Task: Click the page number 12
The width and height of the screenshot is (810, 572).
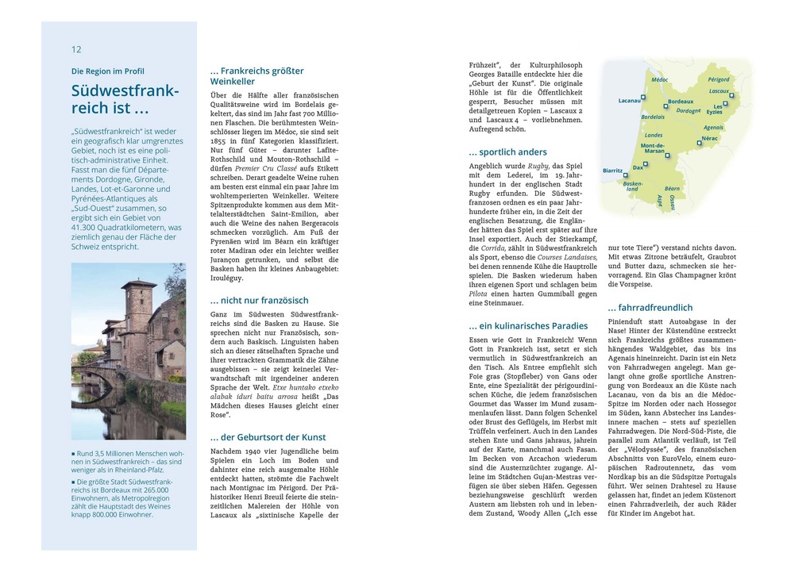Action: tap(76, 49)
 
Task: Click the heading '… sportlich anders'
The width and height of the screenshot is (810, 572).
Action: tap(507, 152)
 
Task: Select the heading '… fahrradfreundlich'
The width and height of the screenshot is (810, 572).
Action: tap(650, 307)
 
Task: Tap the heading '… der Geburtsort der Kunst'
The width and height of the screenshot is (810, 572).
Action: tap(268, 437)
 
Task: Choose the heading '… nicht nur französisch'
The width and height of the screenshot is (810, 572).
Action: tap(259, 300)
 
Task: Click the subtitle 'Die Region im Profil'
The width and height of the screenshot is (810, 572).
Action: tap(108, 71)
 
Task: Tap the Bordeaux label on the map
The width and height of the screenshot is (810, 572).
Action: tap(681, 102)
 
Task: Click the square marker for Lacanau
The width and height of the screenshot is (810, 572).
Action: tap(643, 98)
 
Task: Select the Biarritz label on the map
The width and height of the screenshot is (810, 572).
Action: tap(612, 171)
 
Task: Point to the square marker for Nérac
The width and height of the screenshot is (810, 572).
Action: tap(699, 143)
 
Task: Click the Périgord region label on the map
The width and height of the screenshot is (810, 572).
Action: tap(718, 79)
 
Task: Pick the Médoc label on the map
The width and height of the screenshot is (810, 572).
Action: tap(659, 80)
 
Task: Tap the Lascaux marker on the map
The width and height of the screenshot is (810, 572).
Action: tap(731, 96)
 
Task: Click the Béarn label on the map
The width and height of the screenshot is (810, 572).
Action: tap(672, 188)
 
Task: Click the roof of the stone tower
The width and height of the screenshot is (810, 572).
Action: tap(139, 283)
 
